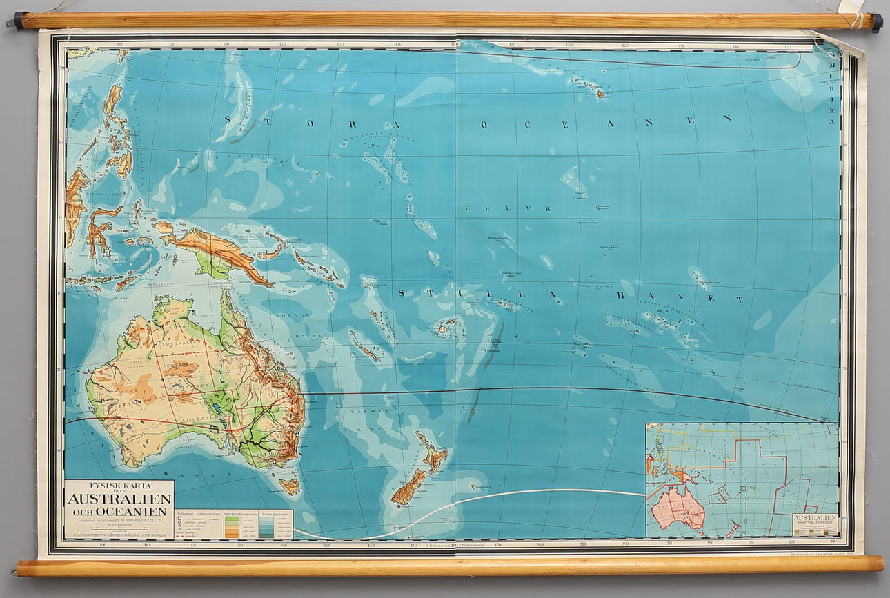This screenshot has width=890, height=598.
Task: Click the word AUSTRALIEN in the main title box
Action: [x=119, y=499]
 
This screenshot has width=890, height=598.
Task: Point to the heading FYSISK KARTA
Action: [x=119, y=485]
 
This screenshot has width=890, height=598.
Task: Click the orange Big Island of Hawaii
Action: [x=600, y=93]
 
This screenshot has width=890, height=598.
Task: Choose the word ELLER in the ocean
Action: [x=507, y=208]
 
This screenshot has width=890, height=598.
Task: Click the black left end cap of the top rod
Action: [x=18, y=21]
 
